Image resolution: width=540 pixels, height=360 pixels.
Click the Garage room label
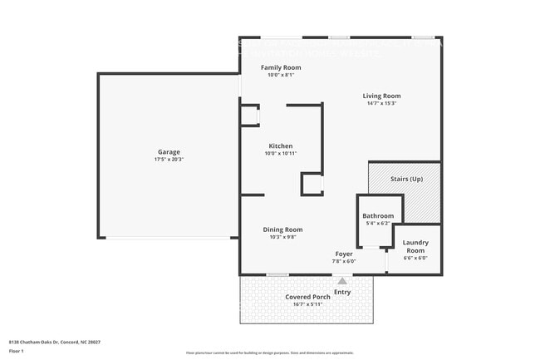(x=169, y=152)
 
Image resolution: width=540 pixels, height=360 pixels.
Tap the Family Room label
(x=281, y=67)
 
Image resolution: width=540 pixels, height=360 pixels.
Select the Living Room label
(x=381, y=96)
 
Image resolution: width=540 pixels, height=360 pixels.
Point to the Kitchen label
(x=280, y=145)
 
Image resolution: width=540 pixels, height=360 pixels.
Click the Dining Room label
(x=282, y=229)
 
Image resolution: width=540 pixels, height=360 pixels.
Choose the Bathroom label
(x=378, y=216)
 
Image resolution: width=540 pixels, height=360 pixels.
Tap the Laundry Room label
(x=415, y=246)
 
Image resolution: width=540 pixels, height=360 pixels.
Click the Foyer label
(x=344, y=254)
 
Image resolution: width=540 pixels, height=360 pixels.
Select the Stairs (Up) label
(x=406, y=179)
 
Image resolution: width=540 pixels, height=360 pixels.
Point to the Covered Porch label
(x=307, y=297)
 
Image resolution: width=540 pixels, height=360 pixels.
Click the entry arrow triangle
(x=341, y=282)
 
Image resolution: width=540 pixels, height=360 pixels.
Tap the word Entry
(x=342, y=292)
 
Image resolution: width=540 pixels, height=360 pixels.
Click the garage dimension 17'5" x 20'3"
(x=169, y=160)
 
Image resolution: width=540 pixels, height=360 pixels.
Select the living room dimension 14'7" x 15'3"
(x=381, y=103)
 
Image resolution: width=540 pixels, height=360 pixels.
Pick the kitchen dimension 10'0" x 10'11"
(x=280, y=153)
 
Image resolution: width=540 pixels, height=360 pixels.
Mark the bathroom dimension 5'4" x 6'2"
(x=377, y=224)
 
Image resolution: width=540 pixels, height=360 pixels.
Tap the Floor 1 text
(x=17, y=352)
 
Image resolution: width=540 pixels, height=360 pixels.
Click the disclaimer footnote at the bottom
(x=269, y=353)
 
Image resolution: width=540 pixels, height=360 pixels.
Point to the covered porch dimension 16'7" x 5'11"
(x=307, y=304)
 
